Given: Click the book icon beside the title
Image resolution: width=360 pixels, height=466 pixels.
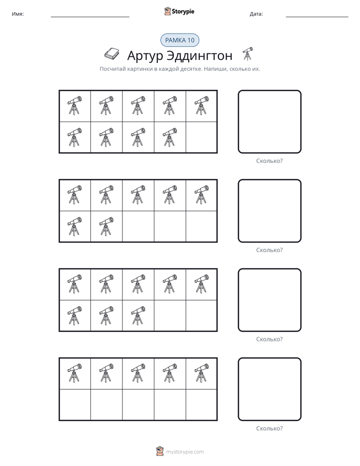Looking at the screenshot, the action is pos(112,53).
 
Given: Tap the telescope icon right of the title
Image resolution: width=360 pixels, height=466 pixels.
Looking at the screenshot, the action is pos(247,53).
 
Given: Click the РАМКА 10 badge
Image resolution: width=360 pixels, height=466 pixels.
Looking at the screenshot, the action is pos(179,40).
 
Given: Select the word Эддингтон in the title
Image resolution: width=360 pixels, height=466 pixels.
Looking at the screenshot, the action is pos(199,55).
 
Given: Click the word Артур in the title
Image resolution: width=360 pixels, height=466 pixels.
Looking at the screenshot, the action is pos(144,56).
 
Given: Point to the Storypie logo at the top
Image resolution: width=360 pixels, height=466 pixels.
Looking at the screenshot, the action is pos(179,11).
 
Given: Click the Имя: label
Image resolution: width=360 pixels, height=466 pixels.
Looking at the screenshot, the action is pos(18,14).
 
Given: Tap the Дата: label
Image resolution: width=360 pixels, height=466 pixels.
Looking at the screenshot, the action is pos(256,14).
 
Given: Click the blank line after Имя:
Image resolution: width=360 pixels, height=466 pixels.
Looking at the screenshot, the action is pos(90,17).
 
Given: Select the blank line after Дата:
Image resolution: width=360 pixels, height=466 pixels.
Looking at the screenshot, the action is pos(317,17).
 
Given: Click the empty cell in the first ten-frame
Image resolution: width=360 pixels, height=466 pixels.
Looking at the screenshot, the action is pos(201,137).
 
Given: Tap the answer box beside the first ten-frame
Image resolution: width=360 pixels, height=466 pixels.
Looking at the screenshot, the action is pos(269,122).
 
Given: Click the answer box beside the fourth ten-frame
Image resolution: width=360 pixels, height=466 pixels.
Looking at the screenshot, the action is pos(269,389).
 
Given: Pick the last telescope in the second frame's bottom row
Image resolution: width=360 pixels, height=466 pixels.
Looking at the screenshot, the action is pos(106,226).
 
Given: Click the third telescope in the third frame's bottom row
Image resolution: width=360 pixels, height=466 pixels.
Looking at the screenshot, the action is pos(138,315).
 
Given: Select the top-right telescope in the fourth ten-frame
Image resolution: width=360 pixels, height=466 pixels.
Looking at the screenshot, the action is pos(201,373).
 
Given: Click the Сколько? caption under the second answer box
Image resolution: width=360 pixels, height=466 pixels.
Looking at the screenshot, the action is pos(269,250).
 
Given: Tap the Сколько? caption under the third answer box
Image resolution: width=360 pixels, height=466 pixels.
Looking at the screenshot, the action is pos(269,339).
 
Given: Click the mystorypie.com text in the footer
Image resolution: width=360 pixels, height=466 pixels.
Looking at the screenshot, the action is pos(185,452).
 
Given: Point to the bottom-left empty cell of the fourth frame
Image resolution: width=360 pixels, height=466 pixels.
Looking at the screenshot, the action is pos(75,405).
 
